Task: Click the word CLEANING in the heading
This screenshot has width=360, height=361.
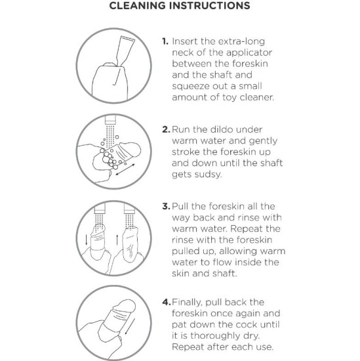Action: [137, 5]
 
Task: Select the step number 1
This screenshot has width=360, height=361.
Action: [165, 41]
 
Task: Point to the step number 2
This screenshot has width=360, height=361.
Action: [166, 129]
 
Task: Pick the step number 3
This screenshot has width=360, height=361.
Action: [166, 206]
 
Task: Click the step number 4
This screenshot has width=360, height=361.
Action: [167, 302]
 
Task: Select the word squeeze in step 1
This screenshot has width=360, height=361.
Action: [191, 87]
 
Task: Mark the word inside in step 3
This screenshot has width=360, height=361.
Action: [247, 263]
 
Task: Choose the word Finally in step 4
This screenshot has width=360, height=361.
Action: [187, 303]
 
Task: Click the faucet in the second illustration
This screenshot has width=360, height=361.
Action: [110, 120]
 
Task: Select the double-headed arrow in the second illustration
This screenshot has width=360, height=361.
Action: [125, 169]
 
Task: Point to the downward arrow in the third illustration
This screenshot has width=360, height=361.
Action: [87, 240]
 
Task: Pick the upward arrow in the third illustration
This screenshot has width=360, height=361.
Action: [117, 240]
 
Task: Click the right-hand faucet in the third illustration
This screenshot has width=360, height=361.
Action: [130, 208]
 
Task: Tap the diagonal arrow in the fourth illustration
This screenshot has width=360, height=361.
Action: [129, 327]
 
